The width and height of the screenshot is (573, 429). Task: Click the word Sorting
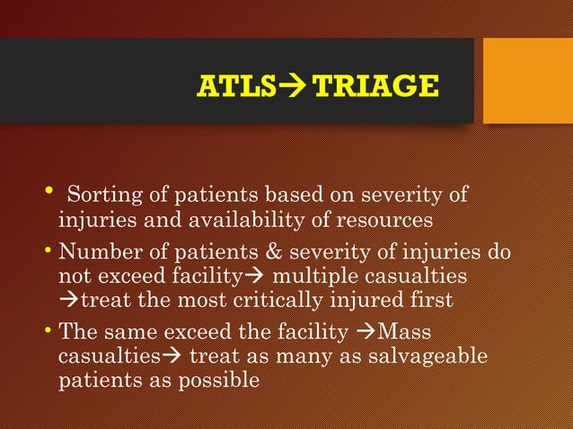[101, 194]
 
